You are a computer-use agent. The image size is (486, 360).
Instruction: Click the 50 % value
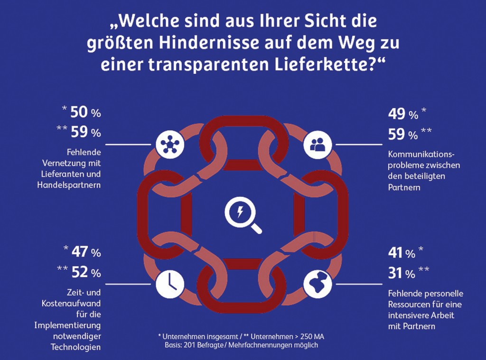85,113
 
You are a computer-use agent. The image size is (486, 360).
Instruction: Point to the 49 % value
402,114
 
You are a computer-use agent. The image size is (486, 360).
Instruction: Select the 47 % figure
85,252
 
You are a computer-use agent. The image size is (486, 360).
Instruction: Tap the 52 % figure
85,273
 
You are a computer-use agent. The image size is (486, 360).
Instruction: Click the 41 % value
402,253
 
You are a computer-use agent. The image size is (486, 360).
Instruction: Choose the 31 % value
402,274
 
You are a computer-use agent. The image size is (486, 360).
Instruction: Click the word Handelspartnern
69,185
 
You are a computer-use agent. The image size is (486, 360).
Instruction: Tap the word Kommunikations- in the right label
421,155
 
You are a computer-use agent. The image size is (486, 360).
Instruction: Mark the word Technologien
75,347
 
